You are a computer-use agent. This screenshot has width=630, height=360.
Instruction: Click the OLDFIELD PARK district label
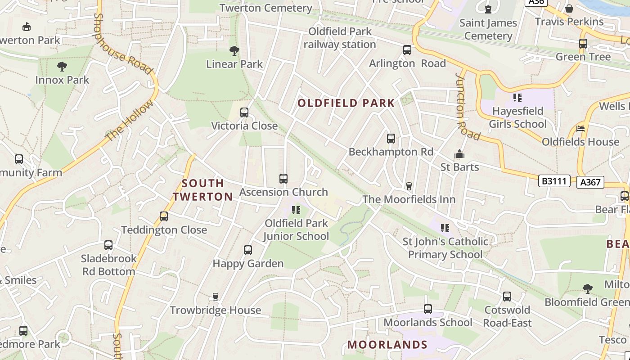click(x=346, y=103)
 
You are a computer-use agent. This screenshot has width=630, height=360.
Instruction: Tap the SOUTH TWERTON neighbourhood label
click(x=203, y=190)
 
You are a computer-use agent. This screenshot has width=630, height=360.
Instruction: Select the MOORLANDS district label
click(x=387, y=345)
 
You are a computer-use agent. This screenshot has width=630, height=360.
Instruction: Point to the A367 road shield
click(x=590, y=182)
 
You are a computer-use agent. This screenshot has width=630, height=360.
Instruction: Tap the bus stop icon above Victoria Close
click(x=244, y=112)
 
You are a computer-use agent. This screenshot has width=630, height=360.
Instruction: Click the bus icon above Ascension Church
click(x=283, y=179)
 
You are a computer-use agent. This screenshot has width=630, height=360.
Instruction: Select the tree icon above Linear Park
click(x=234, y=51)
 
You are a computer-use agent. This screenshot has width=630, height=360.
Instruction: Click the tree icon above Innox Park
click(x=62, y=67)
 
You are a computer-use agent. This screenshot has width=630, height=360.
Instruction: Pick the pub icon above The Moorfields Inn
click(x=409, y=186)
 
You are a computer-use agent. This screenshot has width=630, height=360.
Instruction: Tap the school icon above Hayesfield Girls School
click(x=517, y=97)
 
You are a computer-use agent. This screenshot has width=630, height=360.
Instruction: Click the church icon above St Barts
click(x=459, y=154)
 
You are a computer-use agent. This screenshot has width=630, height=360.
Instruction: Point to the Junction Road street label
click(x=468, y=106)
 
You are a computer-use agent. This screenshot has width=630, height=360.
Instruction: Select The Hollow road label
click(x=129, y=121)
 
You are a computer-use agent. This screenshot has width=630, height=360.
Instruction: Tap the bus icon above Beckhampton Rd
click(x=391, y=139)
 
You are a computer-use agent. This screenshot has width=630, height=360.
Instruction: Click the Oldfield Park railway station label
click(x=340, y=38)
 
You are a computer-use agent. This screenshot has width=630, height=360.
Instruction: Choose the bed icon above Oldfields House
click(x=580, y=129)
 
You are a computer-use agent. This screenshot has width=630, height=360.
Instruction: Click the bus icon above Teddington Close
click(x=164, y=216)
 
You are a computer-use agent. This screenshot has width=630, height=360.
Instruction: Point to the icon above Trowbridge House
click(x=216, y=297)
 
